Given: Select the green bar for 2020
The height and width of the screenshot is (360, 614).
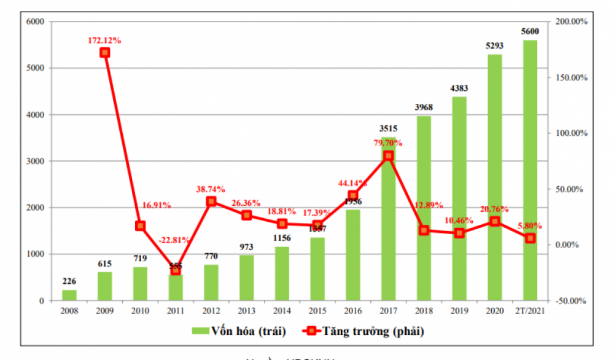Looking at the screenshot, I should [494, 178].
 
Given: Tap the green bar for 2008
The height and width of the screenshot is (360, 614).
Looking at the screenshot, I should [69, 295].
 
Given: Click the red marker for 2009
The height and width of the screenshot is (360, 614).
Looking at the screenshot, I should [105, 53].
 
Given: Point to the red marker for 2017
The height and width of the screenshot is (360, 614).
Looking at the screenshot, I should [388, 156].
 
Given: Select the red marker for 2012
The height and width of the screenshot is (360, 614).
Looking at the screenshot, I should [211, 202].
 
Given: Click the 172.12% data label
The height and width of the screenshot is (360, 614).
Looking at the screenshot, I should [104, 41].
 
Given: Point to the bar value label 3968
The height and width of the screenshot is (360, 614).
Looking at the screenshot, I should [424, 108].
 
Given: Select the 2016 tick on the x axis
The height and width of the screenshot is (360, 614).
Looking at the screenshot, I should [352, 311].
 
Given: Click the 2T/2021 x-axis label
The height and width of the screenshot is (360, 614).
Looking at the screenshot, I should [530, 311].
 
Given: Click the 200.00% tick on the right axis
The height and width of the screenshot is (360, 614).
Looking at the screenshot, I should [570, 22].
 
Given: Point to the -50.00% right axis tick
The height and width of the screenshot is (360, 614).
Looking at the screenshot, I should [570, 301].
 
